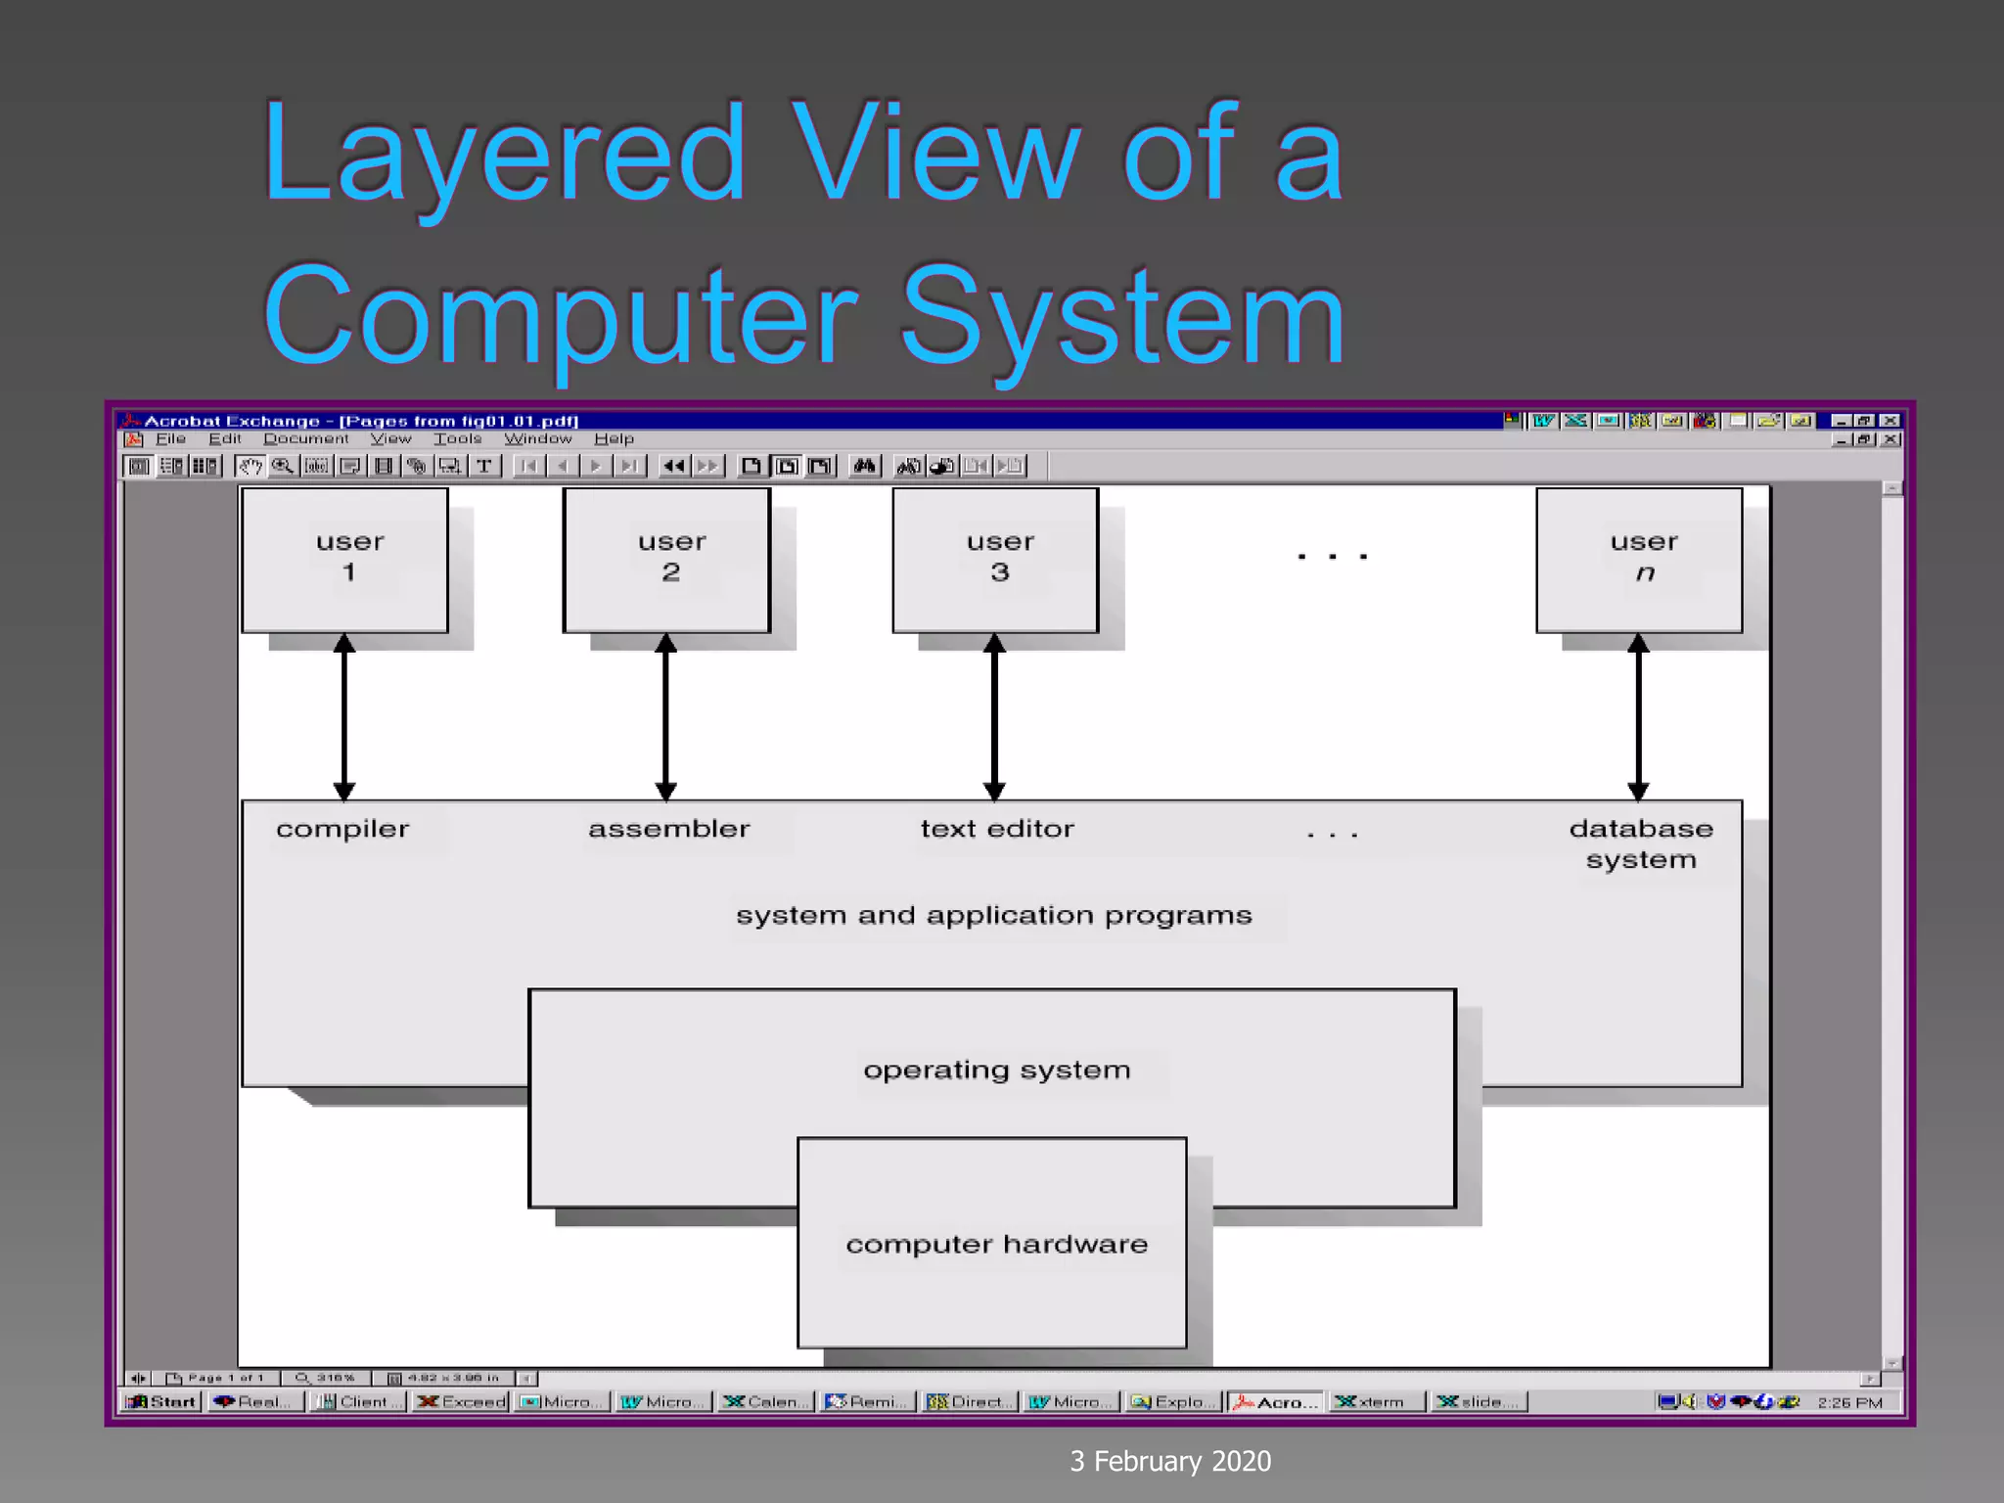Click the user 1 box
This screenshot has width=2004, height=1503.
click(x=344, y=560)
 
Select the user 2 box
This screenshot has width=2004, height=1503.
click(x=666, y=560)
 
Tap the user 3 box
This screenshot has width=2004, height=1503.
click(x=995, y=560)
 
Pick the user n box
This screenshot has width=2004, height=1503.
click(x=1639, y=560)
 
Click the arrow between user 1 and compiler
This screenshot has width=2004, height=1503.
click(x=343, y=716)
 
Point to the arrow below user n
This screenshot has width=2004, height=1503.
click(x=1638, y=716)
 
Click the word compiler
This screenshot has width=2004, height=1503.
click(x=342, y=830)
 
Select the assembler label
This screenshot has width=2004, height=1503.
click(x=669, y=829)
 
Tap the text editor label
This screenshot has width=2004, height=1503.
click(x=997, y=829)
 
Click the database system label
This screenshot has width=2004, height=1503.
click(x=1641, y=843)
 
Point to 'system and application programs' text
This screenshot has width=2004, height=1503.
click(x=993, y=916)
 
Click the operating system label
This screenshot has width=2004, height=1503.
click(x=996, y=1070)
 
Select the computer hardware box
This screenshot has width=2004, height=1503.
click(x=992, y=1243)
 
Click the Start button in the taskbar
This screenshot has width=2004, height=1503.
click(x=162, y=1402)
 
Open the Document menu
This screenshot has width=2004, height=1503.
click(x=305, y=439)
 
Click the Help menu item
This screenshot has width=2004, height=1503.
click(x=614, y=439)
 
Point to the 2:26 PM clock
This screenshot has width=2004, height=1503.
click(x=1849, y=1402)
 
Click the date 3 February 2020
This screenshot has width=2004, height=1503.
click(x=1170, y=1461)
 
